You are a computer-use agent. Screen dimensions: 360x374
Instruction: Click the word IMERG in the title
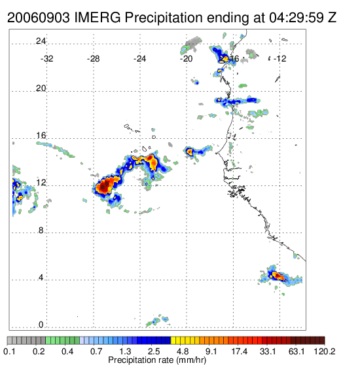(98, 18)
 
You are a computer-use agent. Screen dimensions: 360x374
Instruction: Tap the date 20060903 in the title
(39, 18)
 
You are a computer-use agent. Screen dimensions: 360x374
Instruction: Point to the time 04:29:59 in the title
(297, 18)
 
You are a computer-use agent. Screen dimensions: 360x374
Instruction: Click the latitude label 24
(41, 41)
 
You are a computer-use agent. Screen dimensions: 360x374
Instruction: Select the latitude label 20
(41, 88)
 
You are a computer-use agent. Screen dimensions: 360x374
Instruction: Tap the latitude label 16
(41, 136)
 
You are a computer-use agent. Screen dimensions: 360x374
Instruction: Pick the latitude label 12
(41, 183)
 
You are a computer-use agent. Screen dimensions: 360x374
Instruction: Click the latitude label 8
(41, 231)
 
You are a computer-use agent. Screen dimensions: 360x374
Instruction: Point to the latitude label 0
(41, 325)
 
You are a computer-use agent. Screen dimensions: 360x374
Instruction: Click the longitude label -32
(46, 59)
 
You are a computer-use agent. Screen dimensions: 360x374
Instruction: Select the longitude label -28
(93, 59)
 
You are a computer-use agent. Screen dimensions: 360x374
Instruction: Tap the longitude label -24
(139, 59)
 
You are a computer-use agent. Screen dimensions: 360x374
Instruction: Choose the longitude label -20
(186, 59)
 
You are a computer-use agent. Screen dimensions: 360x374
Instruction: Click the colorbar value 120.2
(325, 351)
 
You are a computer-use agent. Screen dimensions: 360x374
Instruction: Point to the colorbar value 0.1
(9, 351)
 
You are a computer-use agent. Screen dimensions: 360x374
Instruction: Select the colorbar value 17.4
(240, 351)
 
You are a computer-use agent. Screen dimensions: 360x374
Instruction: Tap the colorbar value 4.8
(183, 351)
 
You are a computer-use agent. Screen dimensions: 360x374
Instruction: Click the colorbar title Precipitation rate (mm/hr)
(157, 360)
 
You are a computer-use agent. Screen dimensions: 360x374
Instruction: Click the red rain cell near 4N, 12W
(278, 276)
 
